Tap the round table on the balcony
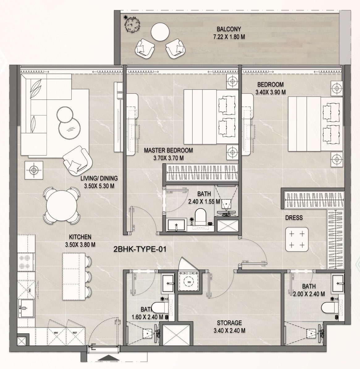click(x=160, y=32)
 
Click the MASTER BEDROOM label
click(x=168, y=151)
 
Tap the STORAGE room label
click(x=229, y=323)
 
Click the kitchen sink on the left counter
click(x=24, y=308)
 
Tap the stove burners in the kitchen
click(x=25, y=261)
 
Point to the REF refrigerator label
click(x=75, y=333)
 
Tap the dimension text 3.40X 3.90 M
click(x=270, y=92)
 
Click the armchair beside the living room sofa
click(x=77, y=159)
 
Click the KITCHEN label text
click(x=80, y=237)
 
